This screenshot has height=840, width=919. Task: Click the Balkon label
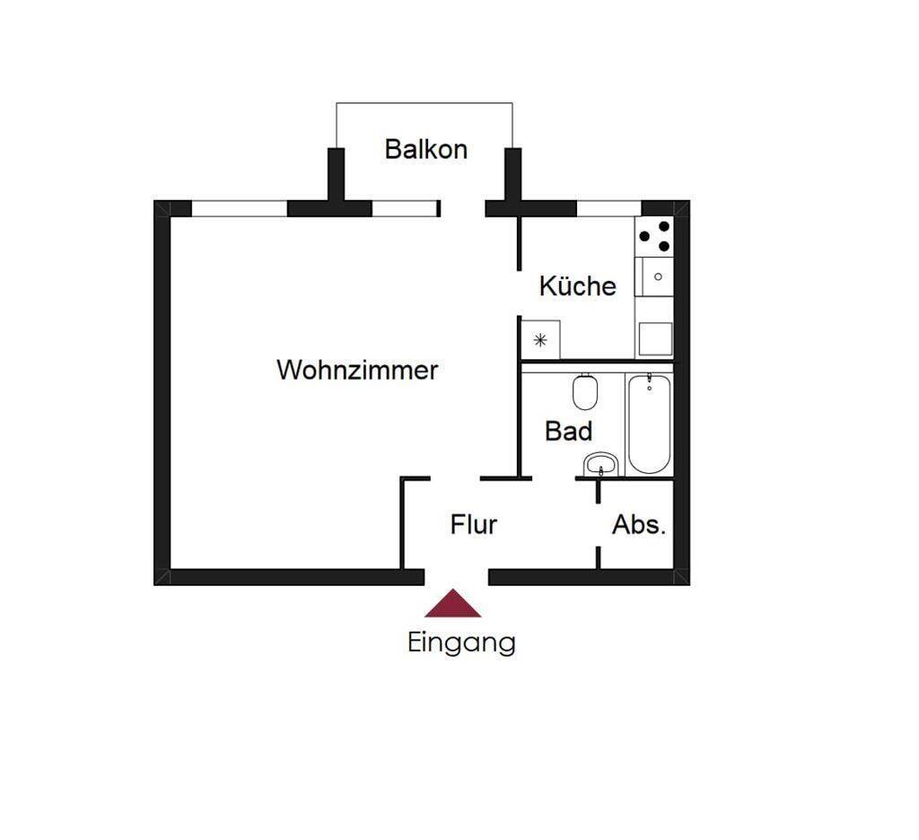tap(425, 149)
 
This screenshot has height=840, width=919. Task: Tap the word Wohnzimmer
tap(357, 370)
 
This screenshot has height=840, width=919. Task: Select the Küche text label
tap(577, 286)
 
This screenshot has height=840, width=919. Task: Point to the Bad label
tap(568, 432)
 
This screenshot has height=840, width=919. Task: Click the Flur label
tap(473, 524)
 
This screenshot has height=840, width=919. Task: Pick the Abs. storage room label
tap(639, 525)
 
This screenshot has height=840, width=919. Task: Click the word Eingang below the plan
tap(461, 643)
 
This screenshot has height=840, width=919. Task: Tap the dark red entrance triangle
tap(453, 605)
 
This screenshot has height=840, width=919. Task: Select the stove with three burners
tap(653, 236)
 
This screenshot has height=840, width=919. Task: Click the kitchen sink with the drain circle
tap(654, 277)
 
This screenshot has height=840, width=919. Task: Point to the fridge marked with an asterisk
tap(540, 339)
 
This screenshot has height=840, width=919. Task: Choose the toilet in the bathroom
tap(585, 391)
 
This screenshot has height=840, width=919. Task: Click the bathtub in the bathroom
tap(649, 424)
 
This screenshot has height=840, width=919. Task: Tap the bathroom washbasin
tap(600, 465)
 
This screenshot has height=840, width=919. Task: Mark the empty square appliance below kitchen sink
tap(654, 339)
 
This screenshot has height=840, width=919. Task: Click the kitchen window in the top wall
tap(608, 208)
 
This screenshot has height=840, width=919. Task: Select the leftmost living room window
tap(239, 208)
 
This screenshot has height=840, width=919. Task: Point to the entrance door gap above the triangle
tap(456, 576)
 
